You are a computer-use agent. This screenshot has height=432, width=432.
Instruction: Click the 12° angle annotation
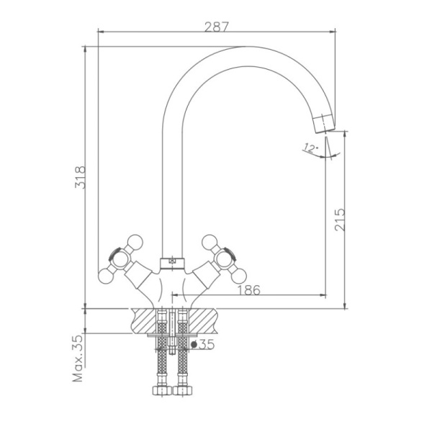310,149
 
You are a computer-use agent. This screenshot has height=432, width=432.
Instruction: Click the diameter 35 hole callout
204,345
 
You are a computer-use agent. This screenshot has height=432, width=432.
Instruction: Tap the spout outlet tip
323,122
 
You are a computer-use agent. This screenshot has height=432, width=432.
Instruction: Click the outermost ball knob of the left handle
102,274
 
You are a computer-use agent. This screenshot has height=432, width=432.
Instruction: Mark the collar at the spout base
172,260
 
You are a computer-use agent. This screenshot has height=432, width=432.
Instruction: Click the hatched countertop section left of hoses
143,318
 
